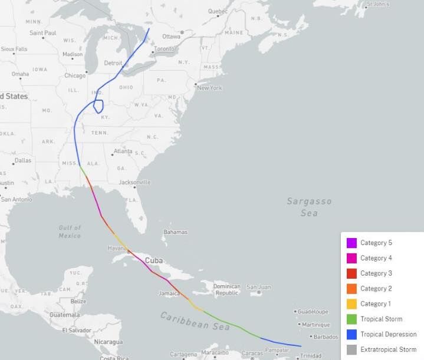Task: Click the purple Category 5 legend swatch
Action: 351,243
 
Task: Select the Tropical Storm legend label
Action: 381,319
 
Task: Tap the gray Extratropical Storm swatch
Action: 351,349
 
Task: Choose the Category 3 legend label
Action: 376,273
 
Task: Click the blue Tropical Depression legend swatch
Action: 351,334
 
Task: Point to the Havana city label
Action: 116,248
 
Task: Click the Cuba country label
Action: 154,260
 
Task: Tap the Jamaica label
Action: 169,293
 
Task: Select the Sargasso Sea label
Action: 309,207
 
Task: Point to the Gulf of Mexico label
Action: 70,232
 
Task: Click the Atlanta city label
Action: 123,151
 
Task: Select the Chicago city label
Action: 75,75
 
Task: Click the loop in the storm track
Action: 98,107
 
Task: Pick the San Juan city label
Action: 258,287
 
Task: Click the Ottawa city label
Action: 171,36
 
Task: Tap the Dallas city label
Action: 23,160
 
